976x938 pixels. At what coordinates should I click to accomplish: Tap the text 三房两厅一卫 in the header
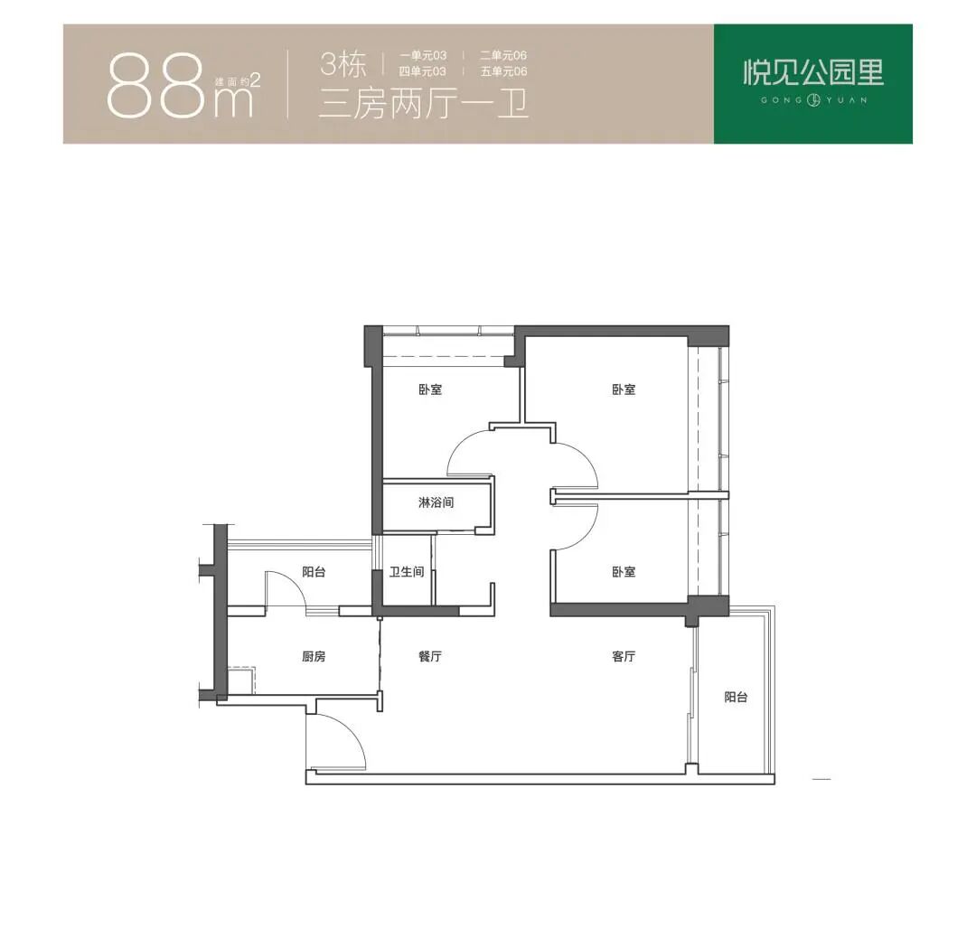click(423, 104)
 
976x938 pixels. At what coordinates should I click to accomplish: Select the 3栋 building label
click(343, 65)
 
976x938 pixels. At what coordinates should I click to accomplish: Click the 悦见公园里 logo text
click(813, 72)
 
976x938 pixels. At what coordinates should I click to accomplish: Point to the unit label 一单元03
click(423, 55)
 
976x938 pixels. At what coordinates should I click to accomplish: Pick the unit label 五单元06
click(503, 71)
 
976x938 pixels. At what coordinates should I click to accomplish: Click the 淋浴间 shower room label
click(436, 502)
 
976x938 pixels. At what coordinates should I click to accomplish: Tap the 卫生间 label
click(407, 571)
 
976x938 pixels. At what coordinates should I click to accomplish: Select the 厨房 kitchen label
click(314, 656)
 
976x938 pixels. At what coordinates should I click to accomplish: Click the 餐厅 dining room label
click(430, 656)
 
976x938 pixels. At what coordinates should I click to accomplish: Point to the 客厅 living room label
click(624, 656)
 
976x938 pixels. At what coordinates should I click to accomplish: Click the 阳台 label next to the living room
click(736, 697)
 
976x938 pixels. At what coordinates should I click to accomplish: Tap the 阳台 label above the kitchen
click(314, 571)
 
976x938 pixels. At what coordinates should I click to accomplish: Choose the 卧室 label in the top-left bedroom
click(430, 389)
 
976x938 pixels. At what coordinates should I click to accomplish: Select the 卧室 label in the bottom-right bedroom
click(624, 571)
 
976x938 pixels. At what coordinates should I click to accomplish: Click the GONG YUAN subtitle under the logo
click(813, 99)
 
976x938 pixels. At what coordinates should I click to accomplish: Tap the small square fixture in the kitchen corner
click(240, 680)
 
